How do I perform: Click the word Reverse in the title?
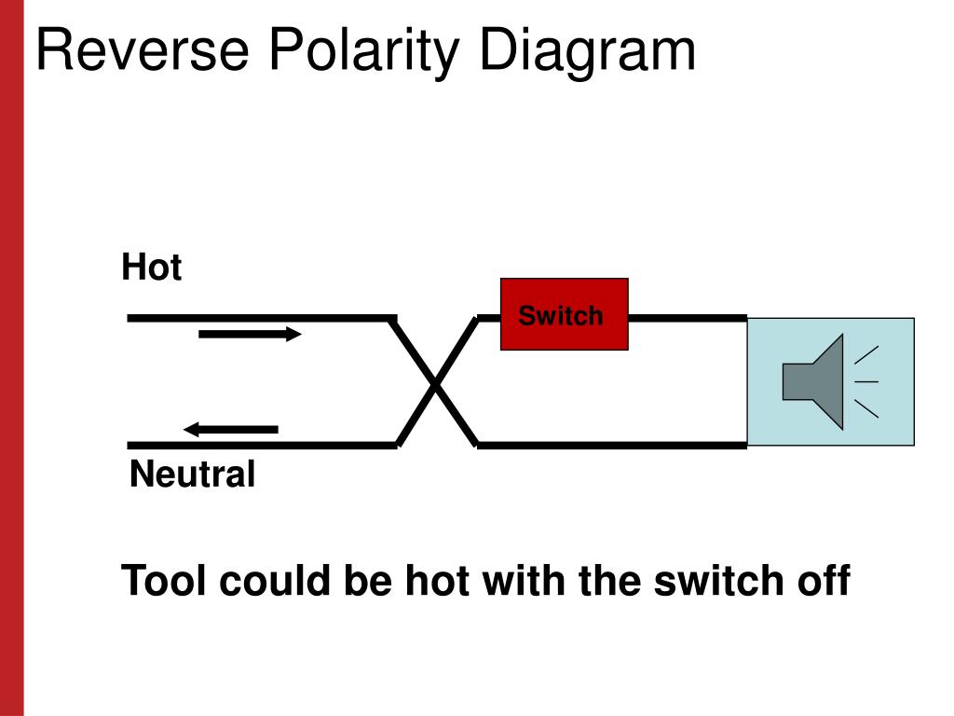(x=143, y=49)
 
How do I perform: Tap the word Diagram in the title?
(x=587, y=52)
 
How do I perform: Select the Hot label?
(x=152, y=267)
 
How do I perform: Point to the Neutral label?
(x=192, y=474)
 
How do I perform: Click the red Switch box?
(x=564, y=314)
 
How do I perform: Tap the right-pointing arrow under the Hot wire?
(x=250, y=334)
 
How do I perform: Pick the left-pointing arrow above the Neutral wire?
(x=231, y=429)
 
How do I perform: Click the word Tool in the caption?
(x=164, y=580)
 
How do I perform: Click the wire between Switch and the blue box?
(x=688, y=318)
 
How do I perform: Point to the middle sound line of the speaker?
(x=866, y=381)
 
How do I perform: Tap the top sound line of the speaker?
(x=866, y=355)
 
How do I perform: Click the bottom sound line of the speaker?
(x=866, y=408)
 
